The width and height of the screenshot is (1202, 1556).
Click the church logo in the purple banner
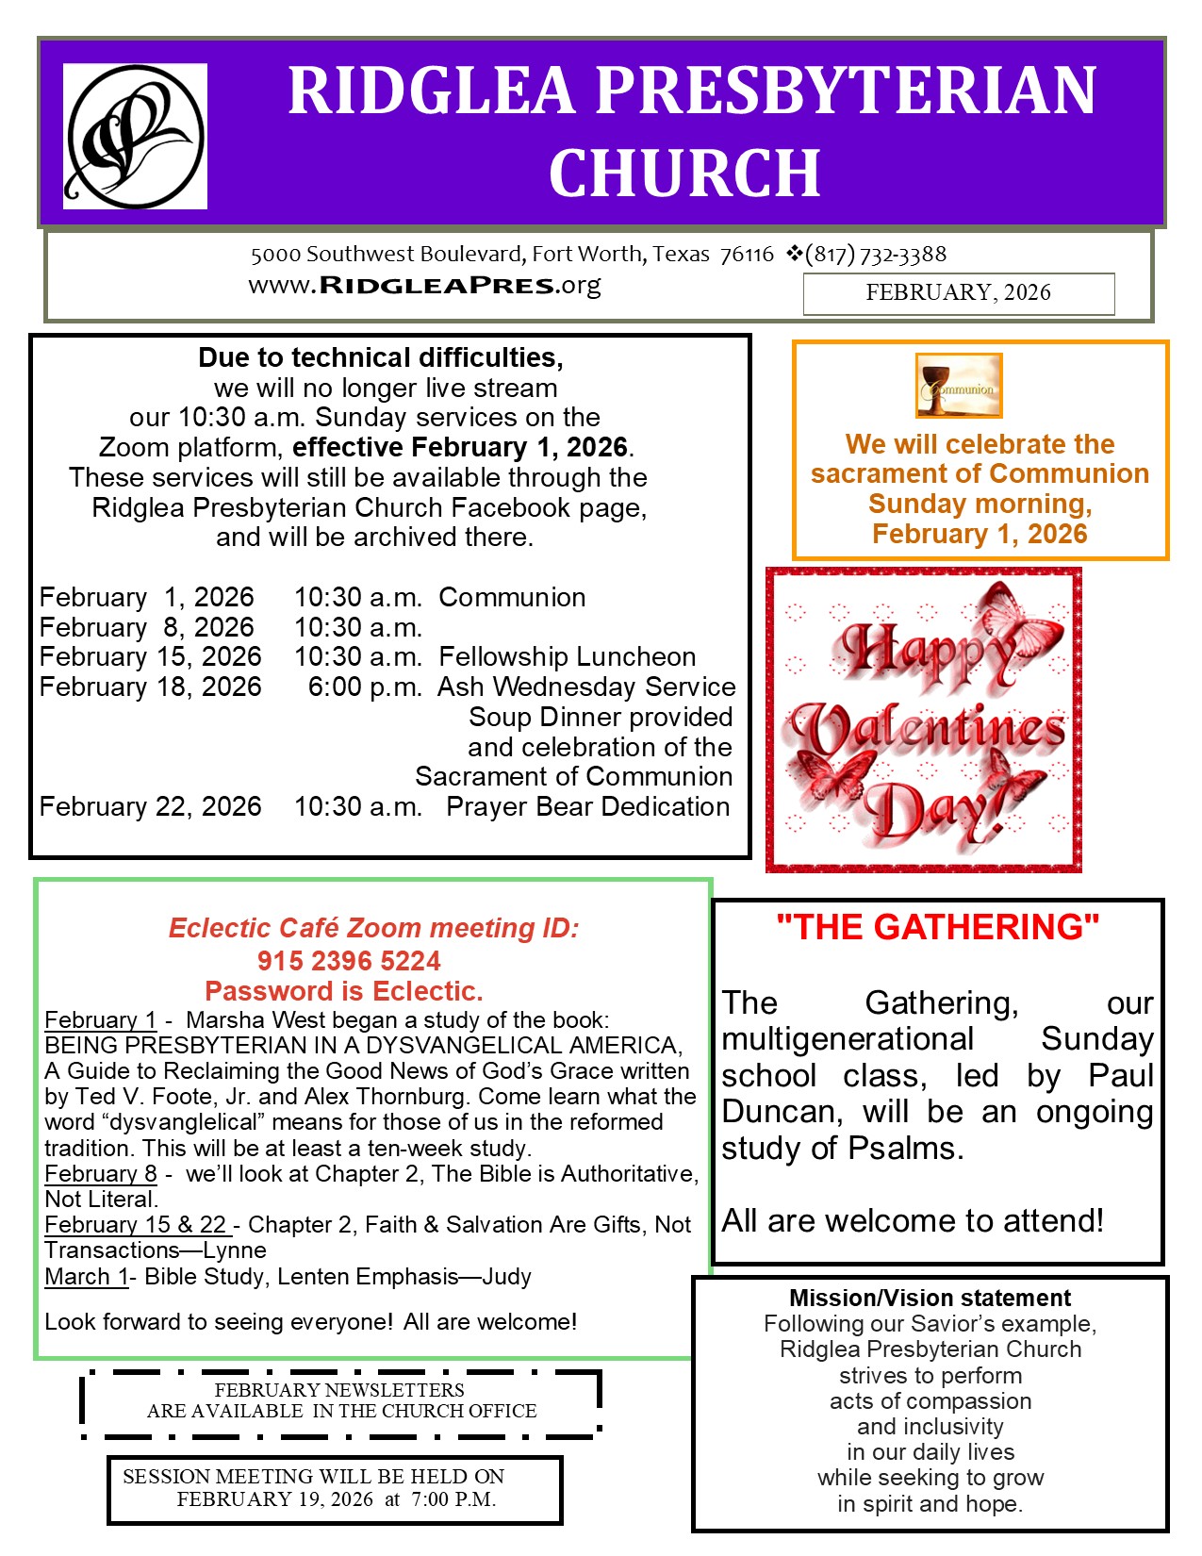coord(135,136)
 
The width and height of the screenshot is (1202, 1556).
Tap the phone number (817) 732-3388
coord(876,254)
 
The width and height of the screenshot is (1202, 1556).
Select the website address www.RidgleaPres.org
coord(424,285)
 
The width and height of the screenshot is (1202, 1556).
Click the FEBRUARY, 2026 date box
coord(958,293)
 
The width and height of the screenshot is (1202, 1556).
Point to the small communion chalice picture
coord(958,385)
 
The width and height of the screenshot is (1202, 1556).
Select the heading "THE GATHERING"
coord(938,927)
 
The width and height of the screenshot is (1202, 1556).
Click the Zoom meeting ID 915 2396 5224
coord(349,961)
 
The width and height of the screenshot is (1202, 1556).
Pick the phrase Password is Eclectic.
coord(344,991)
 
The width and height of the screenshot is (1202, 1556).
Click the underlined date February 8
coord(101,1174)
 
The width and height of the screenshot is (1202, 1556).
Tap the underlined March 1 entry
coord(86,1277)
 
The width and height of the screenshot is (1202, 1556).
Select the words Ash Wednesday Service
coord(586,687)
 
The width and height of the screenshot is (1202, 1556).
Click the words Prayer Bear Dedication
coord(588,807)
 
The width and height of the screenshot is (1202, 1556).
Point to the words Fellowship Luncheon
coord(568,657)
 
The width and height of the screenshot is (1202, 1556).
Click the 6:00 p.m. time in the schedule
coord(365,687)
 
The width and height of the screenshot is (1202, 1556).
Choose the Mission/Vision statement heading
coord(930,1299)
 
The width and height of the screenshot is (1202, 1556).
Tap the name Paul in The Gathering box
coord(1121,1076)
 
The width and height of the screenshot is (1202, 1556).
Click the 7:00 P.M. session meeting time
coord(453,1499)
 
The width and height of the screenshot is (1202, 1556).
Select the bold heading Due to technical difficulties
coord(381,358)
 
